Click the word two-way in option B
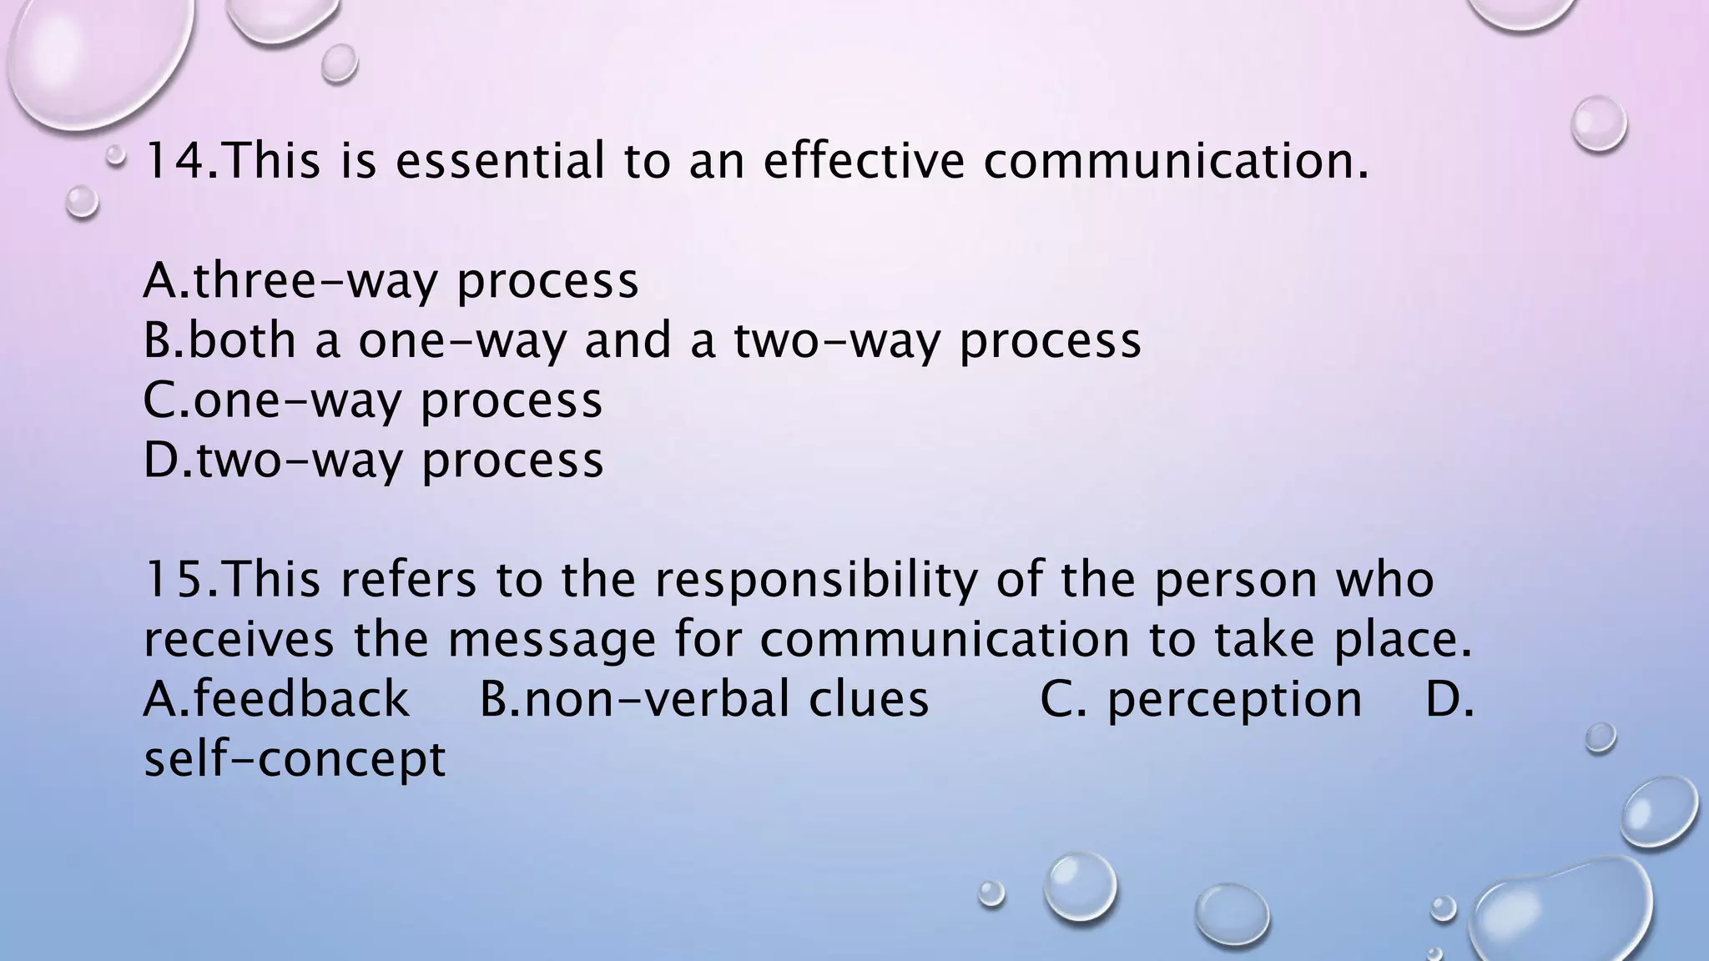[x=836, y=341]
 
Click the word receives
[x=239, y=641]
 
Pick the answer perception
[x=1234, y=700]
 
